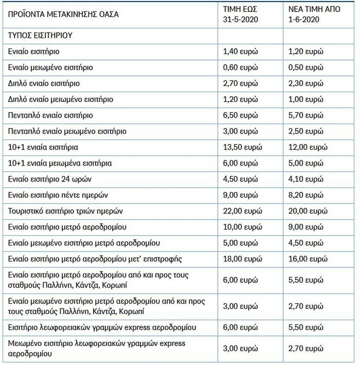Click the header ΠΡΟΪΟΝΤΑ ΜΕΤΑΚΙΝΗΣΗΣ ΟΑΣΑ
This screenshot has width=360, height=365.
(x=63, y=15)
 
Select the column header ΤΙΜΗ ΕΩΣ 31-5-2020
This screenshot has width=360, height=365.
(x=240, y=14)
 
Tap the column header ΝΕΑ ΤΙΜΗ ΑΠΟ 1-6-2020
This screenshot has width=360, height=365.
(x=314, y=14)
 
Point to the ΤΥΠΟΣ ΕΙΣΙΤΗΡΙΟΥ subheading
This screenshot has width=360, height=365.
(x=40, y=36)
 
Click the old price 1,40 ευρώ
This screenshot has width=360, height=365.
(x=240, y=52)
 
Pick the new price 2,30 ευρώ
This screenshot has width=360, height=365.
(x=306, y=83)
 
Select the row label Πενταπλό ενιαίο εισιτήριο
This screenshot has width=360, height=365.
(x=50, y=115)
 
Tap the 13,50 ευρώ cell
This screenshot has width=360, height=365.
(x=242, y=147)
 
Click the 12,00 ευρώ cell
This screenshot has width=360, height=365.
(x=308, y=147)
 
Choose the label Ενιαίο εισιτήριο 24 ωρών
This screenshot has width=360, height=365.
(x=50, y=179)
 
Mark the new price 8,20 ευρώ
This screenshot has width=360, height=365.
(x=306, y=195)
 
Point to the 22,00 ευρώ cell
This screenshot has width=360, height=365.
(x=242, y=211)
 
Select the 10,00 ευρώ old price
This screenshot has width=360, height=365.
(x=242, y=227)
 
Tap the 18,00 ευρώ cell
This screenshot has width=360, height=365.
(x=242, y=259)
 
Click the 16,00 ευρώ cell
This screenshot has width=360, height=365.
(x=308, y=259)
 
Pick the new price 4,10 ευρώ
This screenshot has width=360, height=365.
(x=306, y=179)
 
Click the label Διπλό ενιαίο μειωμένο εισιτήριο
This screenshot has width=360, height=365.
(x=61, y=99)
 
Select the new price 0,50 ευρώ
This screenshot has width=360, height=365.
(x=306, y=68)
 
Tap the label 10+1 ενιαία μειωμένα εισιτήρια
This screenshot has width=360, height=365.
(x=60, y=163)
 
